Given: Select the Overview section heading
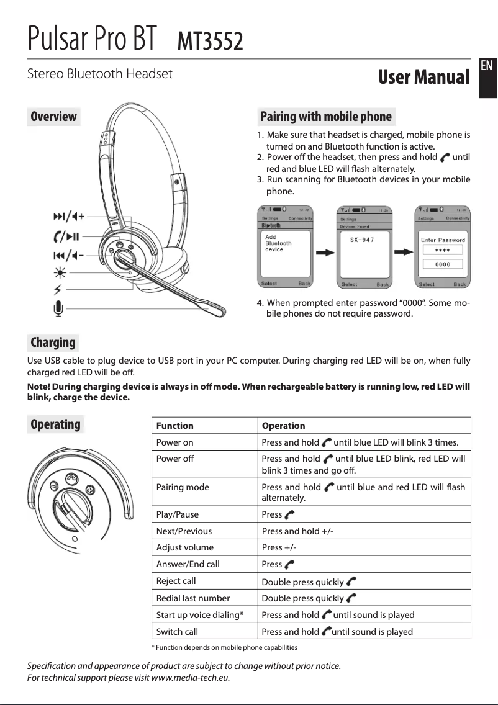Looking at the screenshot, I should tap(54, 117).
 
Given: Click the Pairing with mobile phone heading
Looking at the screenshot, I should tap(326, 117).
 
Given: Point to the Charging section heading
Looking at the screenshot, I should tap(53, 343).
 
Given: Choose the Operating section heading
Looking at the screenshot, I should tap(56, 424).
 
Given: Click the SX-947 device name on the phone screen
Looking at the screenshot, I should tap(362, 240).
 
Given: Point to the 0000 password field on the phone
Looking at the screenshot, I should tap(443, 264).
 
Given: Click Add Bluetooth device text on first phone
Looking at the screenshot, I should tap(278, 243).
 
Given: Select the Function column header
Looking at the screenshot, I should tap(174, 426).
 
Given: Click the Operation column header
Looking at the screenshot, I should tap(283, 426).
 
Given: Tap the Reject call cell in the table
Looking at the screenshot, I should tap(176, 581).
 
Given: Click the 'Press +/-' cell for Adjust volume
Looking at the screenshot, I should tap(279, 547).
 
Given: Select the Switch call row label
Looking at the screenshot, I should tap(177, 632).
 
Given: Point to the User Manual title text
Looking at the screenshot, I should tap(423, 78).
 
